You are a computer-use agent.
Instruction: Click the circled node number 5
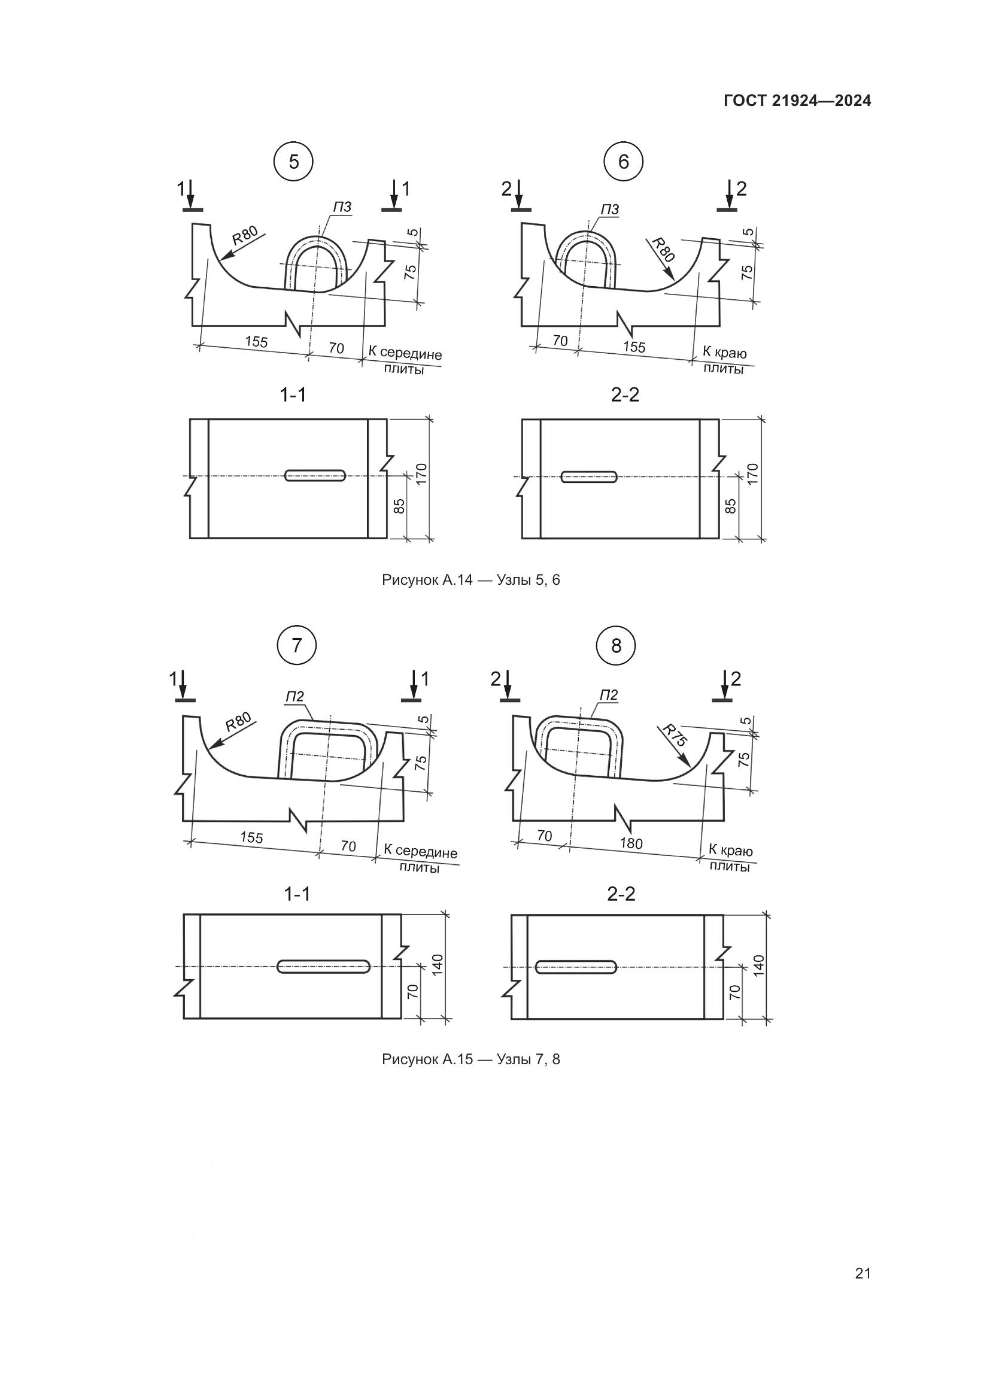[294, 162]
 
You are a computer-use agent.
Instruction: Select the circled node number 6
[623, 162]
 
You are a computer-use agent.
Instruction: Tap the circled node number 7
[297, 646]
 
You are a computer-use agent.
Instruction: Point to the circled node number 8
[616, 646]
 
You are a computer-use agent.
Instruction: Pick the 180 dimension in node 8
[631, 843]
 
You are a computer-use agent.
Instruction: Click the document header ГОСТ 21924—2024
[797, 101]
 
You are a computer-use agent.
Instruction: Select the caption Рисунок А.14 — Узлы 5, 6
[470, 580]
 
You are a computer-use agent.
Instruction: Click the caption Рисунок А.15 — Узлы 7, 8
[470, 1059]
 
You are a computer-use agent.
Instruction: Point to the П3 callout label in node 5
[342, 207]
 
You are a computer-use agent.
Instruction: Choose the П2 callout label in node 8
[608, 695]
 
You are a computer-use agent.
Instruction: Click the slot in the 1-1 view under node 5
[315, 476]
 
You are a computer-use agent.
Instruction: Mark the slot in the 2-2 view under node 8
[576, 967]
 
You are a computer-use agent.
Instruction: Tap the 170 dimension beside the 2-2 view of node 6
[752, 475]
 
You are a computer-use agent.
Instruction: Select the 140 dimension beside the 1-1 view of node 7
[437, 965]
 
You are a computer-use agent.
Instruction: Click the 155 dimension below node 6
[634, 347]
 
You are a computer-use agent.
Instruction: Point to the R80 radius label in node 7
[238, 722]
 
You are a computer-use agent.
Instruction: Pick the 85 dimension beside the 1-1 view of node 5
[399, 506]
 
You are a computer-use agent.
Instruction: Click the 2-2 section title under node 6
[625, 395]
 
